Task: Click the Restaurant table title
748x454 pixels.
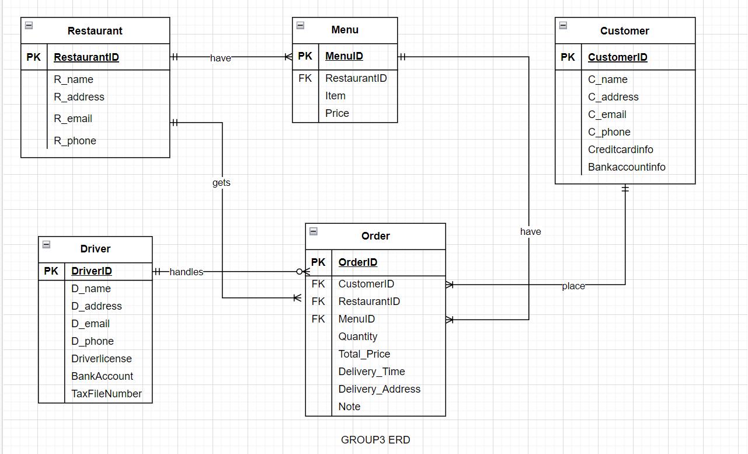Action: (x=95, y=31)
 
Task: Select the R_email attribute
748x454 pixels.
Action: (x=73, y=119)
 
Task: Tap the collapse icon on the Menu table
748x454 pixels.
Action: (x=300, y=25)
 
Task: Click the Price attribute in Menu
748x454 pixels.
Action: (x=337, y=113)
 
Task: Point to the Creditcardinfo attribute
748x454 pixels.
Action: (x=620, y=150)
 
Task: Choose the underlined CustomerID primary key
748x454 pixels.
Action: (x=617, y=57)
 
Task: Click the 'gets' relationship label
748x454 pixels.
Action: (x=221, y=183)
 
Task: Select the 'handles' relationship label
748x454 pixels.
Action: (x=186, y=272)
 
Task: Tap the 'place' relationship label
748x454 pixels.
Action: (x=573, y=286)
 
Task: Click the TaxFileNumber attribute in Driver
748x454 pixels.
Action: (x=106, y=394)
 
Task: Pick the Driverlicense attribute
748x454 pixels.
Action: (x=102, y=359)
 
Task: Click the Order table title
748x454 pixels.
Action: (x=375, y=236)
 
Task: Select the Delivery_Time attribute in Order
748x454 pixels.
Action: (x=371, y=372)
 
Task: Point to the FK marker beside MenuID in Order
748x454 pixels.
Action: (x=318, y=319)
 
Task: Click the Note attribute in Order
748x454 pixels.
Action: (x=349, y=407)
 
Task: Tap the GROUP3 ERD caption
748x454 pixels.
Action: (x=375, y=440)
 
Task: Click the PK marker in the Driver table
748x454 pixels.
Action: (x=51, y=271)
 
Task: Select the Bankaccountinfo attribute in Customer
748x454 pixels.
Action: (x=627, y=167)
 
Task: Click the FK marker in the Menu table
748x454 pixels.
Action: (x=305, y=78)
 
